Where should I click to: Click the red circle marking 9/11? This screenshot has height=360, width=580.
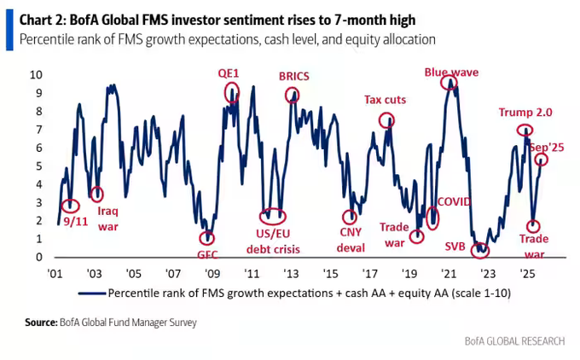point(71,206)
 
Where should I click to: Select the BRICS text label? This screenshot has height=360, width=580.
point(293,75)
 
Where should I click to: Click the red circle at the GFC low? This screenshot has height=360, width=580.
point(206,238)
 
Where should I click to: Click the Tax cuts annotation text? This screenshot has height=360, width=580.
point(386,100)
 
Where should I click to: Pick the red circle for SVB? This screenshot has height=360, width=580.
point(481,249)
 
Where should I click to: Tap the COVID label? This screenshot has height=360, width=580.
point(453,202)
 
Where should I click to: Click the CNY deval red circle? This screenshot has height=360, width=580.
point(350,218)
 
